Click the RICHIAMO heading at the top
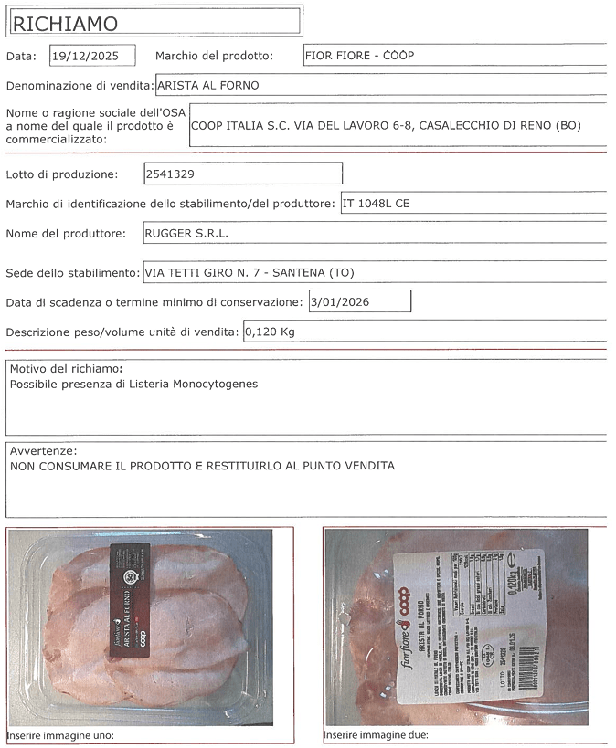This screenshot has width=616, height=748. tap(64, 22)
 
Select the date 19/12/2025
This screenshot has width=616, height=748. tap(91, 56)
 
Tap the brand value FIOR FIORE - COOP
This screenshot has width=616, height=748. tap(359, 55)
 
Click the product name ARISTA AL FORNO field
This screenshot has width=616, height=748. tap(208, 86)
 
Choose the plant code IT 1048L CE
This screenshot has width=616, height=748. tap(376, 204)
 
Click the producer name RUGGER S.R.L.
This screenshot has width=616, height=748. tap(187, 233)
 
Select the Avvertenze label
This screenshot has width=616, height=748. tap(43, 451)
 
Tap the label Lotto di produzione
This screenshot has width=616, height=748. tap(61, 174)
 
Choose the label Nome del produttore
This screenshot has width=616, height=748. tap(66, 233)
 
